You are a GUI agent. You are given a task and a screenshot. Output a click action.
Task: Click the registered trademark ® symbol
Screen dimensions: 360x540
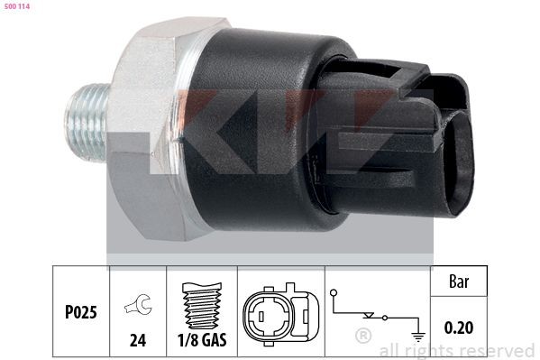pos(362,337)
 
